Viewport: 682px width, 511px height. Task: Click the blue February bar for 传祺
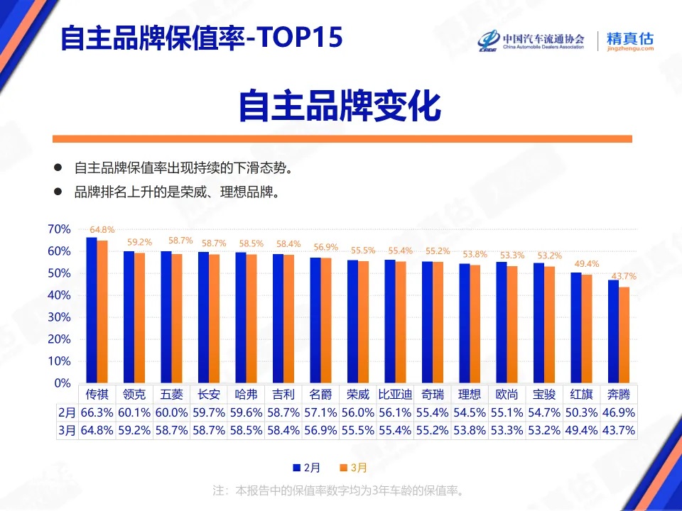click(92, 310)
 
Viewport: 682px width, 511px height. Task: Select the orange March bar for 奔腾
click(624, 335)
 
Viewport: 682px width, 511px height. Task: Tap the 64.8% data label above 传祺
click(102, 230)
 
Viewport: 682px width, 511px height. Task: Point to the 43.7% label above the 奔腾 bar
click(624, 276)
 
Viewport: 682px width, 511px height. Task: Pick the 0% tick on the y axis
click(63, 383)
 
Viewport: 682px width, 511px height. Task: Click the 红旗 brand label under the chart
click(581, 395)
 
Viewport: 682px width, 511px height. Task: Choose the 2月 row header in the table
click(66, 412)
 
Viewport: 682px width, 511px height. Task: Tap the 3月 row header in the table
click(66, 430)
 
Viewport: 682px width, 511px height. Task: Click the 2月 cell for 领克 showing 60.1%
click(134, 412)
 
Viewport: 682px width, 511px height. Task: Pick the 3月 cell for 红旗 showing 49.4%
click(581, 430)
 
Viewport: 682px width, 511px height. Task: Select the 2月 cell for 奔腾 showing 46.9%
click(618, 412)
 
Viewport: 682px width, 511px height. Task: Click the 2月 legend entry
click(307, 468)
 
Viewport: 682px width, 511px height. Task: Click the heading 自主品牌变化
click(340, 106)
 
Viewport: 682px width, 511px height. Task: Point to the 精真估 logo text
click(630, 39)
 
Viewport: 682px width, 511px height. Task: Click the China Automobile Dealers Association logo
click(531, 41)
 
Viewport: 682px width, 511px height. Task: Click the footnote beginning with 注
click(340, 490)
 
